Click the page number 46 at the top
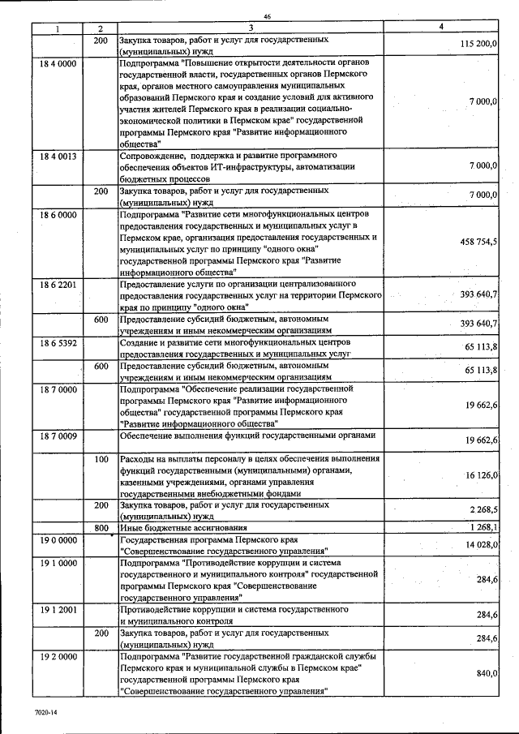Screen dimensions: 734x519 268,17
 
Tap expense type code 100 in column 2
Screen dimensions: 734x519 101,459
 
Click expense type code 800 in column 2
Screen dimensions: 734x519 101,527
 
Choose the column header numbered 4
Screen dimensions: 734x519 440,28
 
